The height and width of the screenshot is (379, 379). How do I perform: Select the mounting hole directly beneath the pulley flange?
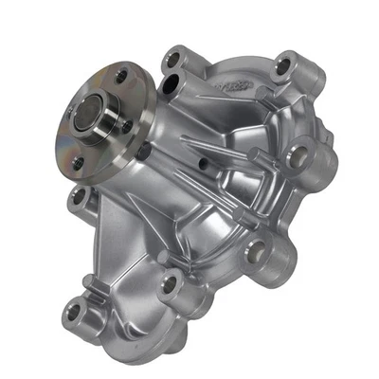[81, 196]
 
